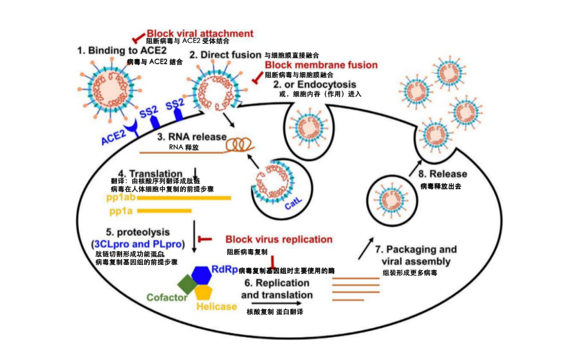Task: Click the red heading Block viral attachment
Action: (x=199, y=33)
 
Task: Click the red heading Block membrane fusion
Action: (x=321, y=65)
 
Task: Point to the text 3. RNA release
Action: (x=192, y=137)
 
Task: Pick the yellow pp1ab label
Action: (x=121, y=198)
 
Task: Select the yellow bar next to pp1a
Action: (x=159, y=211)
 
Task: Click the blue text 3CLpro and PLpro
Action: (x=137, y=243)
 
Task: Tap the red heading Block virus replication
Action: (x=279, y=239)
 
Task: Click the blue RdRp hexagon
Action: (x=201, y=274)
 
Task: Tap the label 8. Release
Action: (x=443, y=174)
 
